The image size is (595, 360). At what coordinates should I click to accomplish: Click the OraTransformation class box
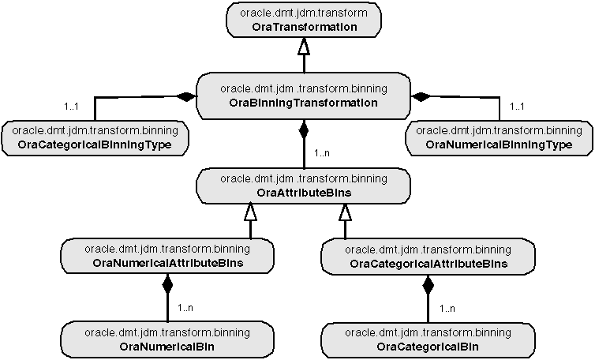(304, 21)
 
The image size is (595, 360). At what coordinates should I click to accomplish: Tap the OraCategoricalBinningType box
(96, 137)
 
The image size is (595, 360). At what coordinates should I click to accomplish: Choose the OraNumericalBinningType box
(498, 137)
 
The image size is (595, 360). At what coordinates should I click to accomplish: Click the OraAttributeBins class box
(304, 186)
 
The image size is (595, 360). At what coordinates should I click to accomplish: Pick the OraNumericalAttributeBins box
(167, 256)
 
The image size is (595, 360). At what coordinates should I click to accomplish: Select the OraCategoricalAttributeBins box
(428, 256)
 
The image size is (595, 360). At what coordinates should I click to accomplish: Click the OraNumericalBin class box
(167, 339)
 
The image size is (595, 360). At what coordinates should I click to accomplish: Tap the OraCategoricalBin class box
(428, 339)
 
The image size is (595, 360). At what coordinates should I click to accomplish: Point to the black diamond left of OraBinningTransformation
(185, 97)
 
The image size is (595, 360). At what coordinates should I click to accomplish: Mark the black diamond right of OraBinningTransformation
(421, 97)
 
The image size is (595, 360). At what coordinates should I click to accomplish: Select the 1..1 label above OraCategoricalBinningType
(72, 105)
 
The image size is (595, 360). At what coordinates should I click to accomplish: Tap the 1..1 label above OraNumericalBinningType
(518, 105)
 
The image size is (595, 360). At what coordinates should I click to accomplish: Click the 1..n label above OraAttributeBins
(322, 153)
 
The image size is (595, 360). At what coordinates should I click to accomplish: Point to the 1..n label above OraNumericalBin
(186, 308)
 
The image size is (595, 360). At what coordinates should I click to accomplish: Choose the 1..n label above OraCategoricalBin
(447, 308)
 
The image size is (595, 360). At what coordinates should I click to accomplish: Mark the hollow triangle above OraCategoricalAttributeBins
(345, 211)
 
